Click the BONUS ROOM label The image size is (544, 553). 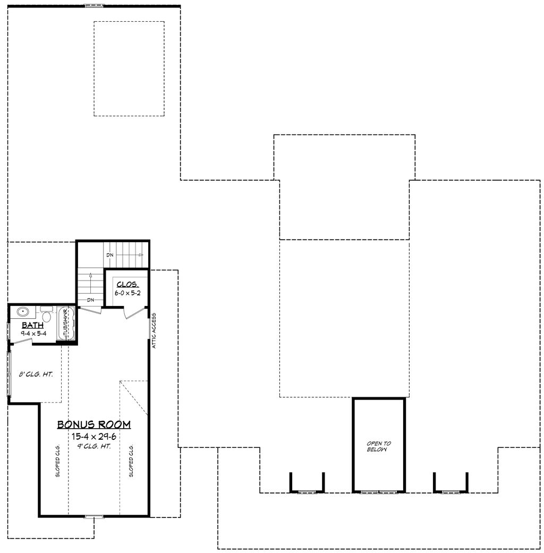click(x=94, y=424)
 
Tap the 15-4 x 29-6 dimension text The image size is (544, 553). click(x=94, y=436)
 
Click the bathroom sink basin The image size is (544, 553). click(x=23, y=312)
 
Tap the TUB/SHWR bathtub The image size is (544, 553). click(x=66, y=323)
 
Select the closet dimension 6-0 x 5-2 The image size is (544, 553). click(x=127, y=293)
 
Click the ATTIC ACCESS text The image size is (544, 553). click(x=154, y=329)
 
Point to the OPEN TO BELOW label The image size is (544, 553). click(x=379, y=446)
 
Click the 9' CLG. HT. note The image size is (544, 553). click(x=94, y=446)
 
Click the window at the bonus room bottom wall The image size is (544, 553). click(x=94, y=516)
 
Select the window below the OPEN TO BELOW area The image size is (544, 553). click(x=379, y=492)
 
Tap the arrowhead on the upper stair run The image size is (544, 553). click(x=142, y=255)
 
